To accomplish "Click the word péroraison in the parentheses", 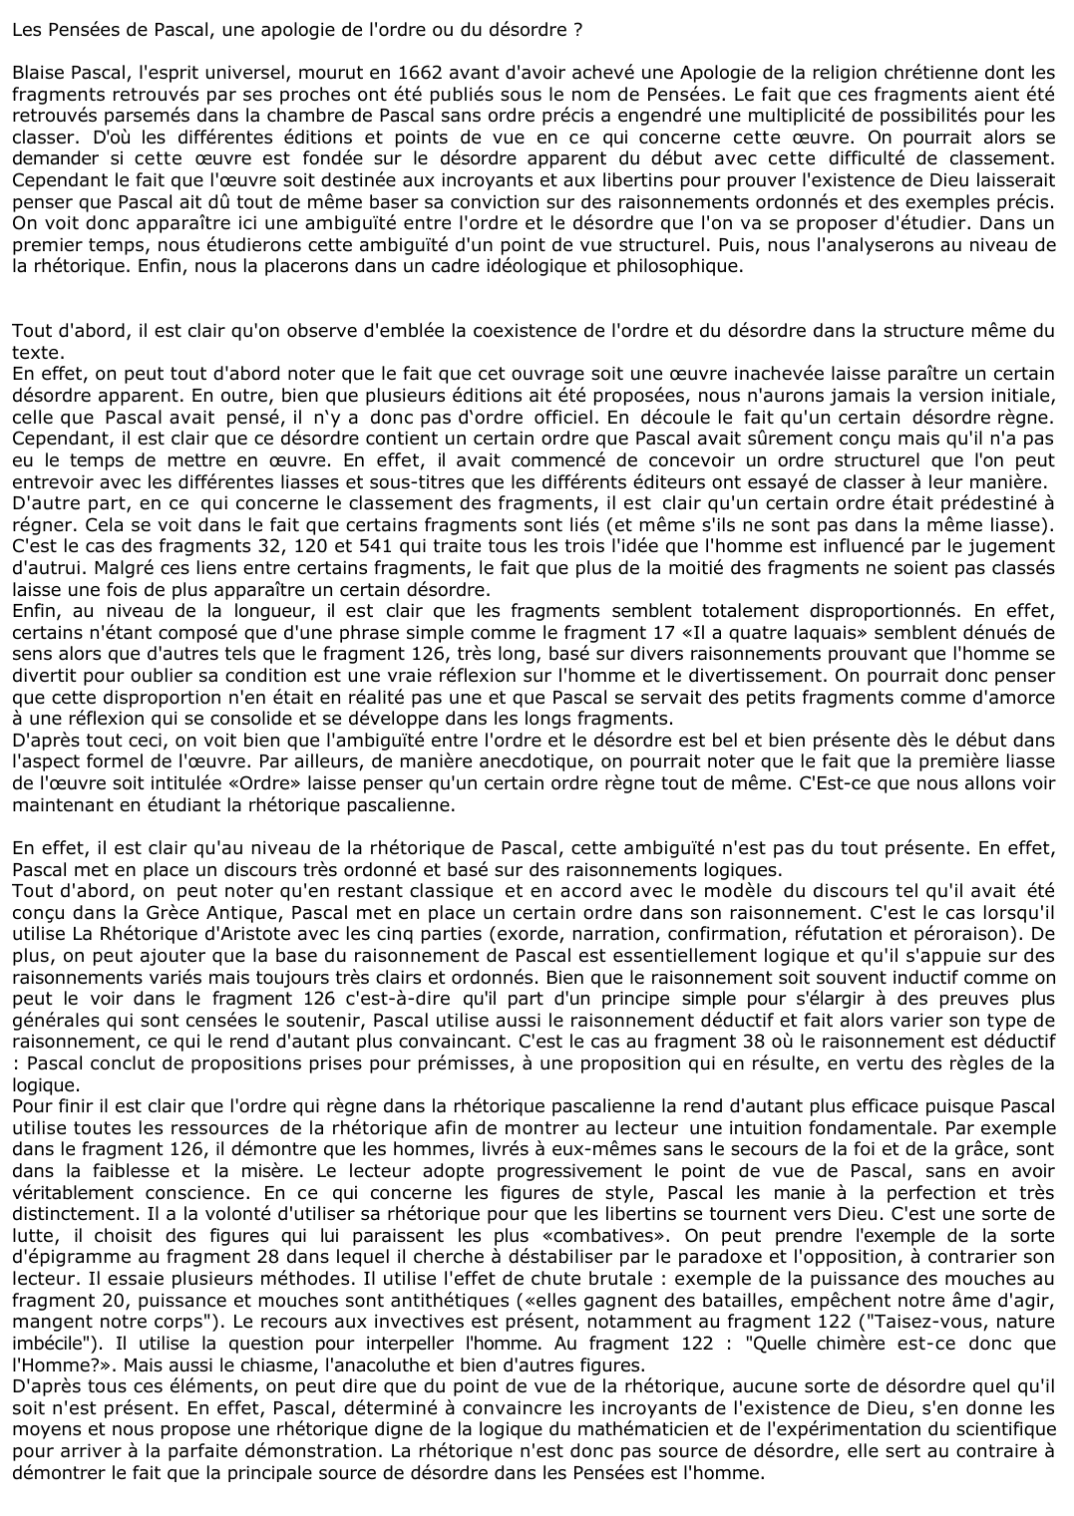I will coord(972,934).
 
